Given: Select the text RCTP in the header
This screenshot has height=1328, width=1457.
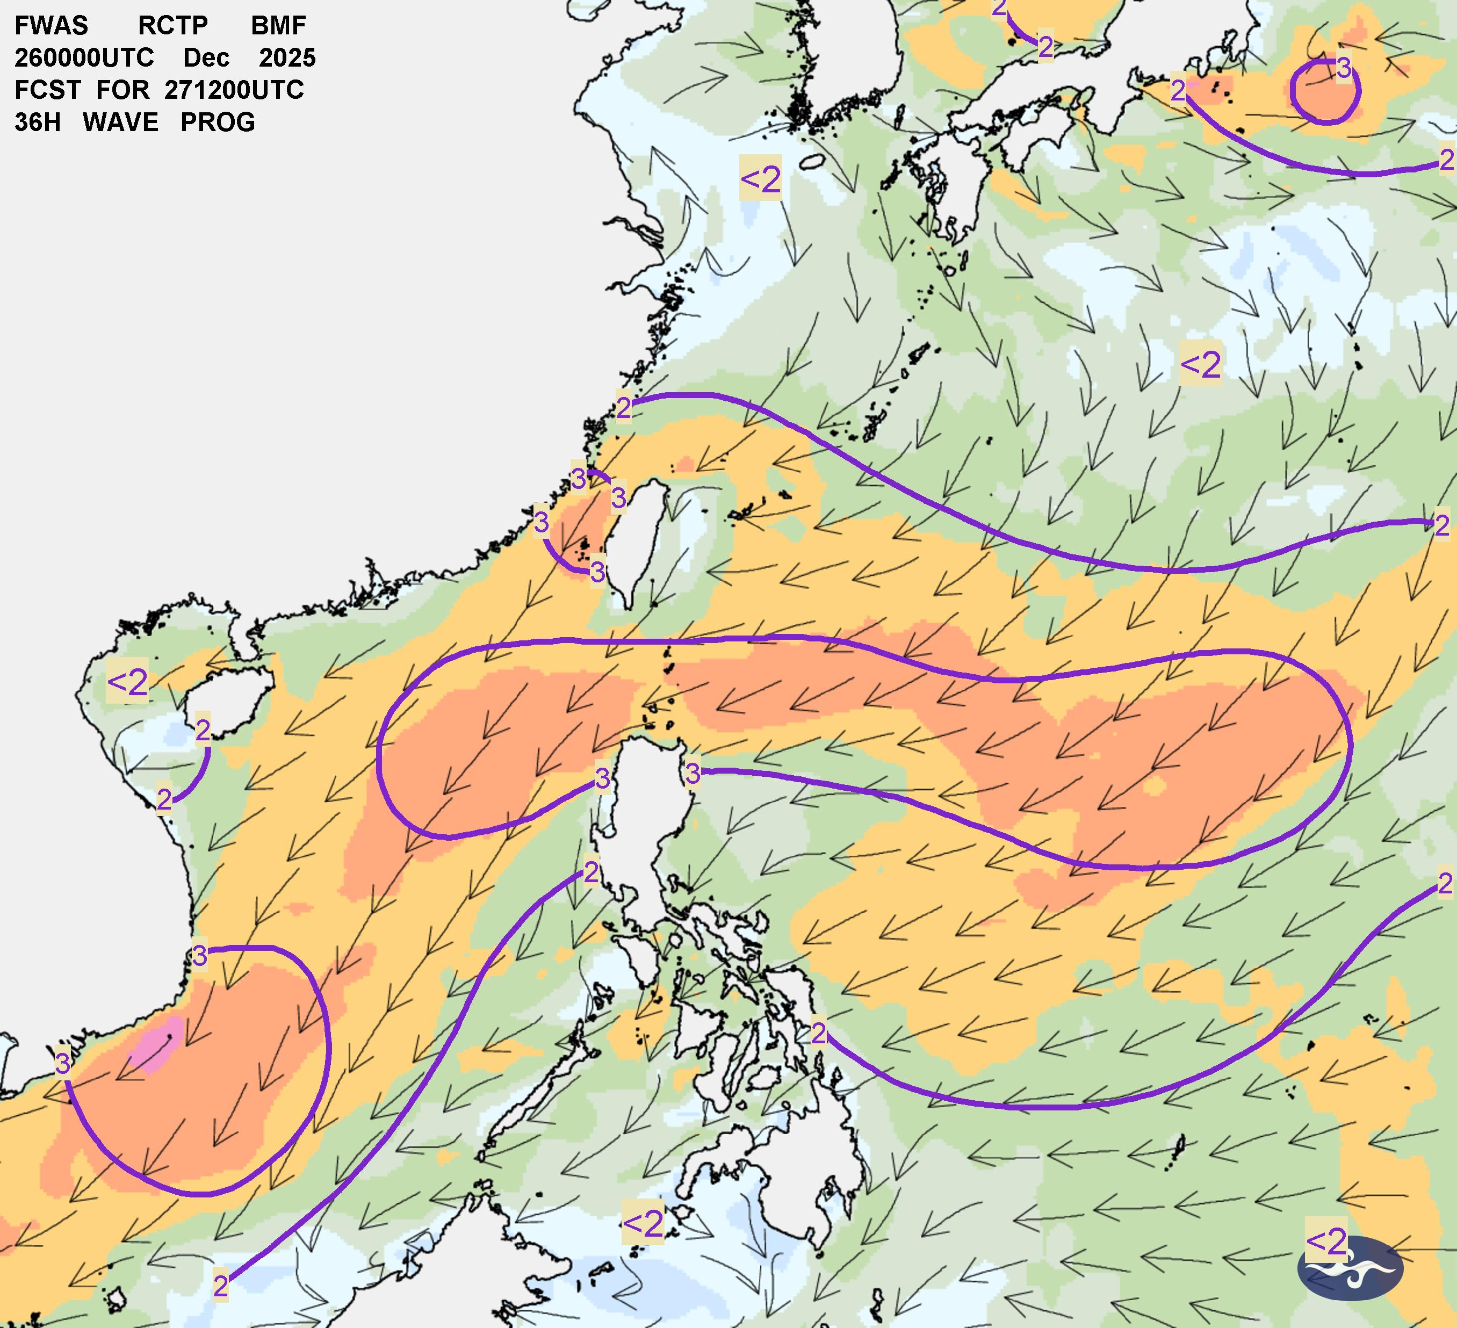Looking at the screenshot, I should click(173, 25).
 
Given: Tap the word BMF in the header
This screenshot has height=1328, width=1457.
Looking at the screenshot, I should click(278, 25).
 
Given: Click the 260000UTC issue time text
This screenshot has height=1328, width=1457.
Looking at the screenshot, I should click(84, 58).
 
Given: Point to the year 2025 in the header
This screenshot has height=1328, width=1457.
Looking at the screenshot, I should click(287, 58).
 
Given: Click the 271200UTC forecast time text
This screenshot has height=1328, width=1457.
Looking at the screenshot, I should click(234, 90).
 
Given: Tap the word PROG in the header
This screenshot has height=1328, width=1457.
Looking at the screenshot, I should click(218, 122).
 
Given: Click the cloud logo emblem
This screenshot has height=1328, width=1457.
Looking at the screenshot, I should click(1350, 1268).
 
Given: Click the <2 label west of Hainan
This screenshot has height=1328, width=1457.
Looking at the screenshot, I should click(127, 681).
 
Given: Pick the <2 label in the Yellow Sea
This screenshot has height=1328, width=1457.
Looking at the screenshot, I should click(760, 178).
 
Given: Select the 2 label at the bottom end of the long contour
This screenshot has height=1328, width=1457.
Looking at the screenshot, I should click(220, 1286).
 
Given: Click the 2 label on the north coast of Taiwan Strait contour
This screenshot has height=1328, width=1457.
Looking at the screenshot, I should click(623, 408).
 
